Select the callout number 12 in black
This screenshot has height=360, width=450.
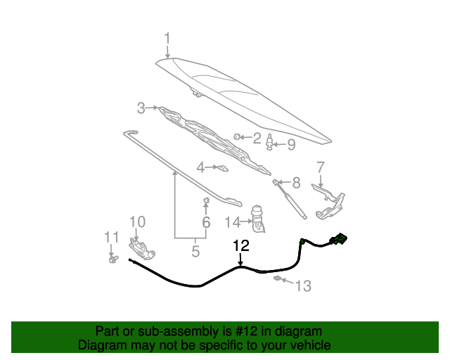click(x=241, y=245)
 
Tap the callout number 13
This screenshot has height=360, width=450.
click(x=303, y=286)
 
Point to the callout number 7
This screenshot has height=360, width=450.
click(x=321, y=167)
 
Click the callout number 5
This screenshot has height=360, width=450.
click(x=195, y=251)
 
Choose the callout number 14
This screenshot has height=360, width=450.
click(x=232, y=222)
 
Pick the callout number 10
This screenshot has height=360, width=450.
click(x=138, y=221)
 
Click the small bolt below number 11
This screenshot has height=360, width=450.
click(x=113, y=259)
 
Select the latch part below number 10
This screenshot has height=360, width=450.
click(x=142, y=249)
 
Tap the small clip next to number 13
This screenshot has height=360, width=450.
click(x=278, y=278)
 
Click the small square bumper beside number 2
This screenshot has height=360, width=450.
click(x=236, y=136)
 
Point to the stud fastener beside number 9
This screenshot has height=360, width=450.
click(x=269, y=142)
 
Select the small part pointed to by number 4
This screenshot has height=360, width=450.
click(x=223, y=168)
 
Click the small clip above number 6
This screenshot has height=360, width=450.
click(x=206, y=200)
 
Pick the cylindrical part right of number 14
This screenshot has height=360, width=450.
click(x=258, y=219)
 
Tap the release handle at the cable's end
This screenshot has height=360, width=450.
click(x=339, y=239)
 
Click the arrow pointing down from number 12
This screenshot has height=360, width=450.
click(x=240, y=259)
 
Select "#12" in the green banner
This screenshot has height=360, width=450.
click(x=246, y=331)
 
